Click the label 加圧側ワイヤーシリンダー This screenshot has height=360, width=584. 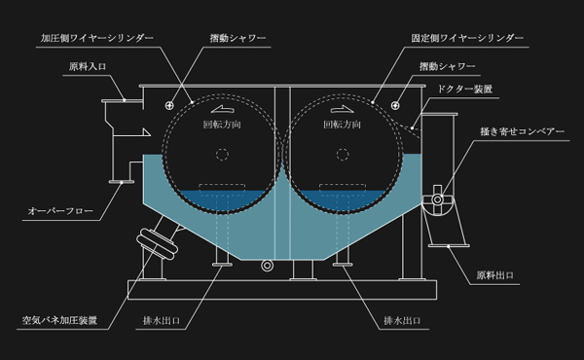coord(96,39)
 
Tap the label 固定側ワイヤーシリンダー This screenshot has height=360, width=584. coord(468,39)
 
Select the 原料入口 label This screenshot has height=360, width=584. coord(89,68)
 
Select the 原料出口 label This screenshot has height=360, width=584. coord(495,274)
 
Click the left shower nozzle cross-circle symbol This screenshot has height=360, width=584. coord(170,103)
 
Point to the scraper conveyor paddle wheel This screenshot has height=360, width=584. coord(440,198)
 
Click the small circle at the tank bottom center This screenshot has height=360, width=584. coord(270,264)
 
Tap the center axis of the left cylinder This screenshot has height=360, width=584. coord(223,153)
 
